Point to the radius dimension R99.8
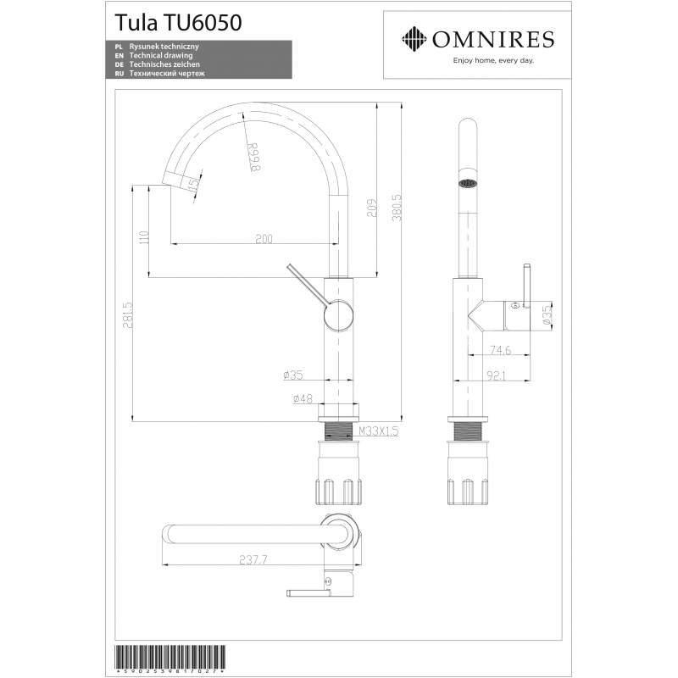tap(252, 158)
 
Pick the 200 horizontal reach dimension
tap(264, 240)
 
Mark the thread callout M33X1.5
tap(378, 431)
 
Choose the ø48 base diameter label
tap(303, 398)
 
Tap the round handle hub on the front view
tap(336, 315)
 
